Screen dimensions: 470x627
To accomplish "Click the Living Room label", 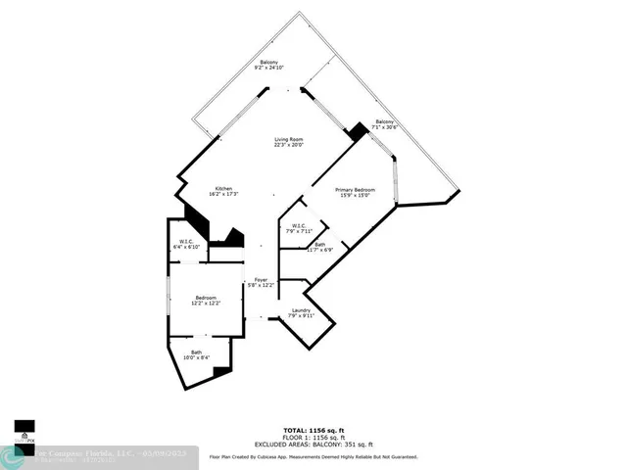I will pos(288,143).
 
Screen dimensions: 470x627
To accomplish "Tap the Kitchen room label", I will pos(223,191).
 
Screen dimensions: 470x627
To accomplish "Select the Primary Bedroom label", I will pos(356,192).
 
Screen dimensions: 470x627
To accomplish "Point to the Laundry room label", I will pos(300,313).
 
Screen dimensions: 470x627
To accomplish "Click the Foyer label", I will pos(262,284).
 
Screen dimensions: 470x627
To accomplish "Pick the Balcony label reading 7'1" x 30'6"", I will pos(385,124).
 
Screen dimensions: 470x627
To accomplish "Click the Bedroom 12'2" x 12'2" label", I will pos(205,300).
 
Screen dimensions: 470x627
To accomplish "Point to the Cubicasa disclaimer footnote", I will pos(313,456).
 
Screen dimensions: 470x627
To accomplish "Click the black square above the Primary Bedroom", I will pos(357,129).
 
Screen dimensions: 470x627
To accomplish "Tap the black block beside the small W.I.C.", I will pos(233,239).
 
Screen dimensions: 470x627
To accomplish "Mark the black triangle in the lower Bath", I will pos(223,370).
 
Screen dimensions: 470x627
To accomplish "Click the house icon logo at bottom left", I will pos(23,437).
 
